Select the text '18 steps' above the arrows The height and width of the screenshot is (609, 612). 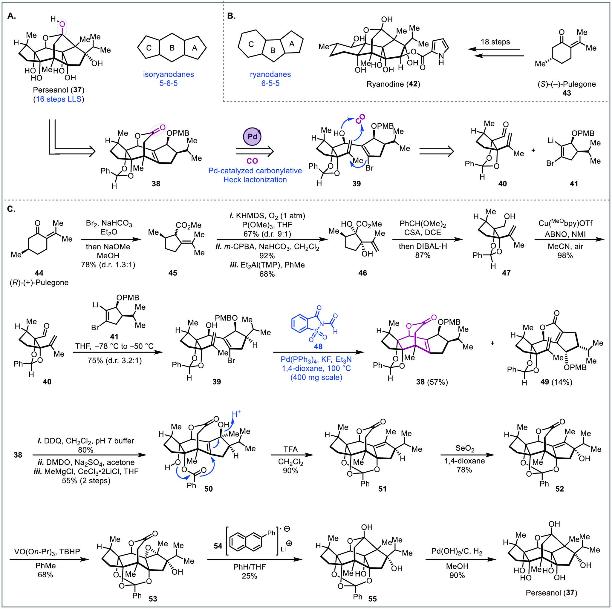point(495,42)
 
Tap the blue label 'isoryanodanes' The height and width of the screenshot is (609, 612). point(173,75)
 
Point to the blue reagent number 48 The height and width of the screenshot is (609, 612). point(318,346)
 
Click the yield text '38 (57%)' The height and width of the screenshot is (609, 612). point(432,382)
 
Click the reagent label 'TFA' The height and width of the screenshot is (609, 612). point(290,448)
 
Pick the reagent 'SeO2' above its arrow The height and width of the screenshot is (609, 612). point(464,448)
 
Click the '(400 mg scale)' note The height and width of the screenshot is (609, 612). point(318,377)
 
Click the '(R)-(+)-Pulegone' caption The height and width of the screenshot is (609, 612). point(39,282)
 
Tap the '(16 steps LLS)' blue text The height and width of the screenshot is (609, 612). point(59,99)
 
